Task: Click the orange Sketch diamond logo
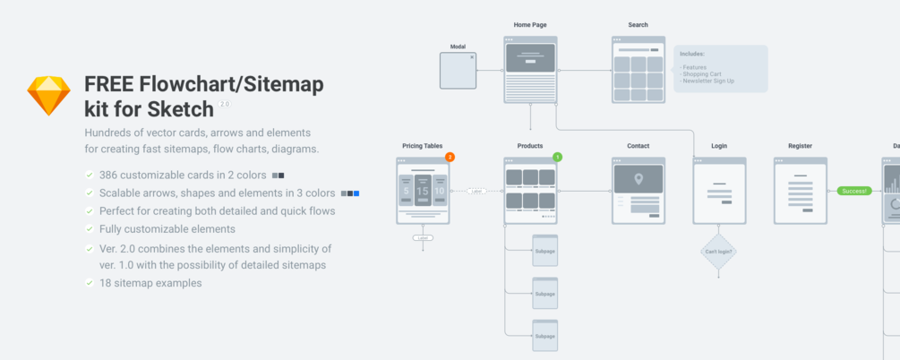point(48,96)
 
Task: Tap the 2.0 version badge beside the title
point(224,104)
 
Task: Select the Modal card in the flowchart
point(458,71)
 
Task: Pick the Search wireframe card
point(638,69)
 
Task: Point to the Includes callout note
point(720,68)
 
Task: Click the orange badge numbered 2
point(450,157)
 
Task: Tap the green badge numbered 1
point(557,157)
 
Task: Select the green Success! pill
point(853,191)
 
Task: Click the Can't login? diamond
point(717,252)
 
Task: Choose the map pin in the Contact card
point(639,179)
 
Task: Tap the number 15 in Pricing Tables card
point(423,191)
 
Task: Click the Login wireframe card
point(718,191)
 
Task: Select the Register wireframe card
point(800,191)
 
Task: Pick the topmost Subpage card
point(544,251)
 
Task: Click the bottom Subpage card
point(544,335)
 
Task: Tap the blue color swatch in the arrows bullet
point(356,193)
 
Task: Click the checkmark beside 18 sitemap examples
point(89,283)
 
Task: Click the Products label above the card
point(530,145)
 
